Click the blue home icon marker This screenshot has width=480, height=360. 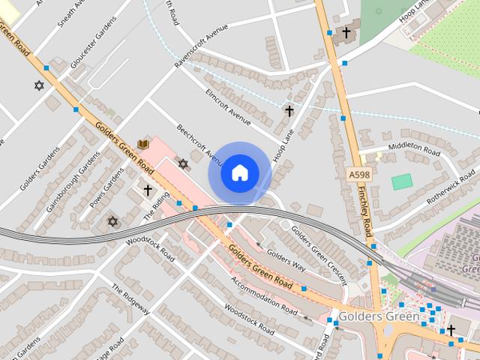tap(239, 173)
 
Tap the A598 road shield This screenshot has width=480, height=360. tap(358, 175)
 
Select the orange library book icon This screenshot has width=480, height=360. tap(143, 144)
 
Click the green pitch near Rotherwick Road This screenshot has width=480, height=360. tap(402, 181)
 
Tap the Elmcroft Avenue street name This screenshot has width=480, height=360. tap(229, 107)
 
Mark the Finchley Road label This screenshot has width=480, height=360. tap(365, 211)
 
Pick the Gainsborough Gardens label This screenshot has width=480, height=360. tap(72, 182)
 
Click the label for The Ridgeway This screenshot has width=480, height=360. tap(131, 299)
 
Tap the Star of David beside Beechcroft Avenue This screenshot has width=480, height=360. tap(182, 163)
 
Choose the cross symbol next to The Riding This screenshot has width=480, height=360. tap(148, 190)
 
